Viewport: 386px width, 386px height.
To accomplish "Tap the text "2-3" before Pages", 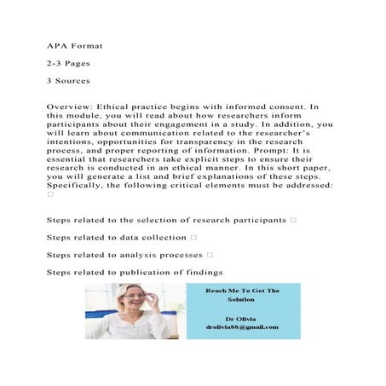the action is point(56,64).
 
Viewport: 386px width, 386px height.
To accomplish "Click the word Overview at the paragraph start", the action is point(69,107).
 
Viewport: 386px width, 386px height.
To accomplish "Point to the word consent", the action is point(278,107).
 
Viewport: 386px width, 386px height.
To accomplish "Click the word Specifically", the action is point(82,183).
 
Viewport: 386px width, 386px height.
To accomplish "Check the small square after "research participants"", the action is point(293,220).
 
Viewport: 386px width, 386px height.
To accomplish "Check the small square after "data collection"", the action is point(194,237).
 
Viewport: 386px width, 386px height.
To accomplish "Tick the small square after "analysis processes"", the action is point(210,254).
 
